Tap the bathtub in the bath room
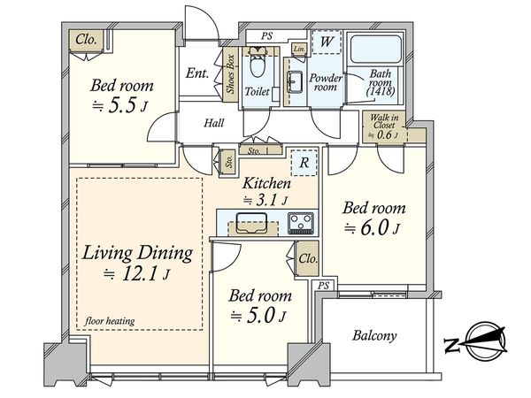click(x=376, y=49)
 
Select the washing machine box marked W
click(x=326, y=42)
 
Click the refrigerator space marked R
click(x=304, y=163)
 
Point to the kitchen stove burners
click(x=301, y=223)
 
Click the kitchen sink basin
click(x=251, y=223)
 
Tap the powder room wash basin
click(x=294, y=81)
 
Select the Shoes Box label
click(x=231, y=74)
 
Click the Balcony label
click(x=374, y=335)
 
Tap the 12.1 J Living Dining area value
click(x=136, y=273)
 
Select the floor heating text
click(x=110, y=320)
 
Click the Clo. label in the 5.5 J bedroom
click(x=86, y=40)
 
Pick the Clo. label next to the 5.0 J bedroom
click(x=308, y=258)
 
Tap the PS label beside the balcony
click(x=323, y=286)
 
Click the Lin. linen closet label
click(x=299, y=49)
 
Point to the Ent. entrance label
click(x=196, y=73)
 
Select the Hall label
click(x=213, y=123)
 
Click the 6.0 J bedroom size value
click(x=373, y=229)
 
